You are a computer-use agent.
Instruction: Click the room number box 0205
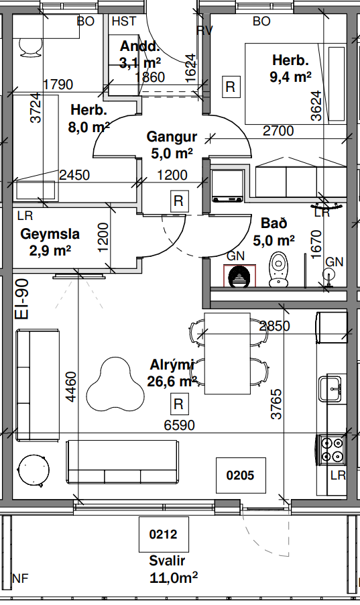click(241, 475)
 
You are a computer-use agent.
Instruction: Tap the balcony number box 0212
click(164, 535)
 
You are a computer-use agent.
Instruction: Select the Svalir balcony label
click(167, 561)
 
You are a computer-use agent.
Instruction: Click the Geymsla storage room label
click(50, 234)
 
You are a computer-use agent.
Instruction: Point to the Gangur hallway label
click(172, 137)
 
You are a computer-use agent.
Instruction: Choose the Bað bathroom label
click(274, 223)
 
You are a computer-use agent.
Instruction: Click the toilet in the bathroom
click(278, 270)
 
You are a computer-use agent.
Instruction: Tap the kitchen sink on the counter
click(331, 388)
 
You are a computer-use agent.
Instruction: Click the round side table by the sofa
click(34, 470)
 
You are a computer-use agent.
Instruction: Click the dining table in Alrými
click(228, 353)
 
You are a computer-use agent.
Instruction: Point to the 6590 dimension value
click(180, 425)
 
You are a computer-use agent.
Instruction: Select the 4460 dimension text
click(71, 386)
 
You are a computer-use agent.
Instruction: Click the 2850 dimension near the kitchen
click(274, 327)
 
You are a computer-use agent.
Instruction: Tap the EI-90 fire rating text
click(22, 299)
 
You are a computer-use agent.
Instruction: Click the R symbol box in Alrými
click(179, 404)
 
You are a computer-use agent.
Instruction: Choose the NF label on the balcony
click(21, 578)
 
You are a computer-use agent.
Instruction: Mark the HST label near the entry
click(124, 21)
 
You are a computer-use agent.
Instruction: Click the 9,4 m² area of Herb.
click(290, 77)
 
